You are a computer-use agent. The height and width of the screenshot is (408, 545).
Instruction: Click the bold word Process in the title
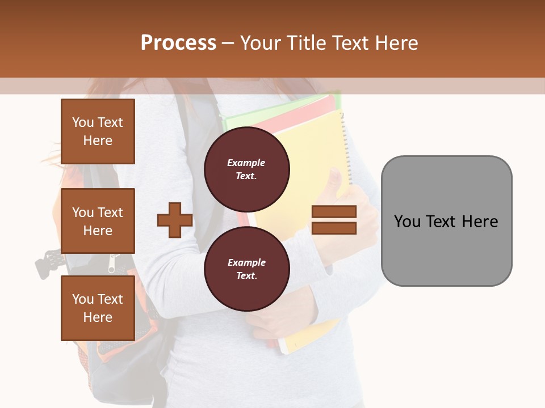tap(178, 43)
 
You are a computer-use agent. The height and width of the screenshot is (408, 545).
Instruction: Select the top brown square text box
tap(98, 131)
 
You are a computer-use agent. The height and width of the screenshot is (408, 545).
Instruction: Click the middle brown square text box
tap(98, 221)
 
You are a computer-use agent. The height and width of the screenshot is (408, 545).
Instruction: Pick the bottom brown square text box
tap(98, 308)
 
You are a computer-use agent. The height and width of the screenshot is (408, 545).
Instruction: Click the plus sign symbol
tap(175, 220)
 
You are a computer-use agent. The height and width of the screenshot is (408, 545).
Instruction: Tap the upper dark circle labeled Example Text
tap(246, 169)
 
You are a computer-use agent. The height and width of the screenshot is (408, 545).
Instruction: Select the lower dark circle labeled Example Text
tap(246, 269)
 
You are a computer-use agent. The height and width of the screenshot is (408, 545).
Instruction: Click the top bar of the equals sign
tap(334, 212)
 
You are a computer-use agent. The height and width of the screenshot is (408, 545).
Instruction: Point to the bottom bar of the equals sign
tap(334, 228)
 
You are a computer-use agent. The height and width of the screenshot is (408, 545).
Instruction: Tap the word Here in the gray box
tap(480, 221)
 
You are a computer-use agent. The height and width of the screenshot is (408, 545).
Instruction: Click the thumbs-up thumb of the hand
tap(335, 180)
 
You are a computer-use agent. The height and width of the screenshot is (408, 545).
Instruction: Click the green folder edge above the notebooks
tap(284, 108)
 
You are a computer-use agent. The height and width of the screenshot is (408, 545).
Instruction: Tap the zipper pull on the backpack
tap(112, 264)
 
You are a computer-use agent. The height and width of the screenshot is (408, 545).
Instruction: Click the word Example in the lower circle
tap(246, 262)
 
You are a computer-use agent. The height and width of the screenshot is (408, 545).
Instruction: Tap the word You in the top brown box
tap(82, 122)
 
